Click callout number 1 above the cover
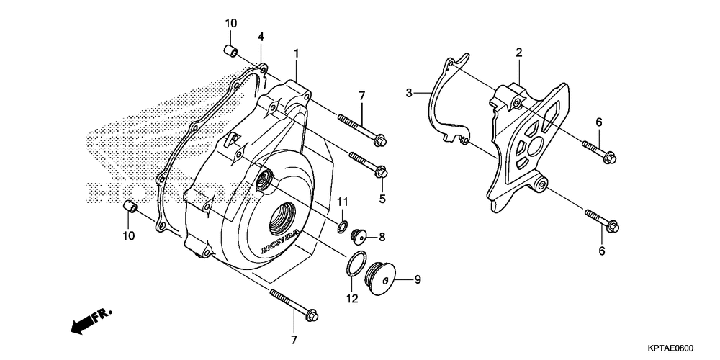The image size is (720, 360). point(295,53)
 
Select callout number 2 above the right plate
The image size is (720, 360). point(518,52)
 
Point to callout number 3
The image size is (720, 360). point(409,93)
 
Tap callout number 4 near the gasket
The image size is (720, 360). point(261,37)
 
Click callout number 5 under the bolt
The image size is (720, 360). point(382,199)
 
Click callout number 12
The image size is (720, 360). point(351,299)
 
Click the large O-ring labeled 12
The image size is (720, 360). point(353,266)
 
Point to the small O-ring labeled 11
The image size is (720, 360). point(341,228)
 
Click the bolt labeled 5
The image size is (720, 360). point(369,164)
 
